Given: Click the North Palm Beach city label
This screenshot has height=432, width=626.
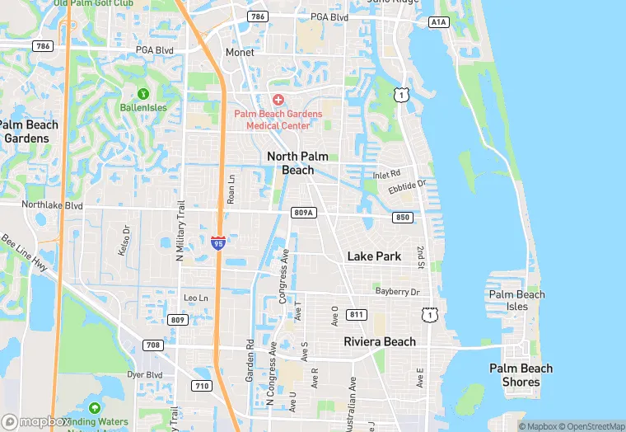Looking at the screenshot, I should point(291,163).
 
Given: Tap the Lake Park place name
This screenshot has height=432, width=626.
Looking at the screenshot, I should point(374,256).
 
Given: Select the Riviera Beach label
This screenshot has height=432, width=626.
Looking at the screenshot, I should point(380,341).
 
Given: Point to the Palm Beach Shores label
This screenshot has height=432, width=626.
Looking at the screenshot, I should point(521,375).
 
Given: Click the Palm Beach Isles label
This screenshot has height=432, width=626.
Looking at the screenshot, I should point(516,301).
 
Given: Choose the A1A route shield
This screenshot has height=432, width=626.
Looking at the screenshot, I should point(439,22).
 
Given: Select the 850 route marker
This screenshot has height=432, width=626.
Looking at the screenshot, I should point(402,218).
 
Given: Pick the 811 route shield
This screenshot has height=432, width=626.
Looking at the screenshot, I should point(357,315).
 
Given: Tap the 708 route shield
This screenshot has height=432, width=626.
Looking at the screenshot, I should point(152,345).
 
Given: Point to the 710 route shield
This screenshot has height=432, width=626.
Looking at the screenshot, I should point(201,385).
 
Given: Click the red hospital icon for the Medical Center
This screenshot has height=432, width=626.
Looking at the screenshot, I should point(278,100).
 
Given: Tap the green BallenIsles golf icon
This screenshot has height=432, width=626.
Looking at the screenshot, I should point(143,94).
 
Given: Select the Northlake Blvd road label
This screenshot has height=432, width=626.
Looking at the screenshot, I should point(53,204).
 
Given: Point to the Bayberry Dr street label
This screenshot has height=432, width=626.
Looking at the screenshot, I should point(398,292).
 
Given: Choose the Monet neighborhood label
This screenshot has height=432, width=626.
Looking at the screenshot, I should point(240,52).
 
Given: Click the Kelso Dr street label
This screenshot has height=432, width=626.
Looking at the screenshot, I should point(124,240).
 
